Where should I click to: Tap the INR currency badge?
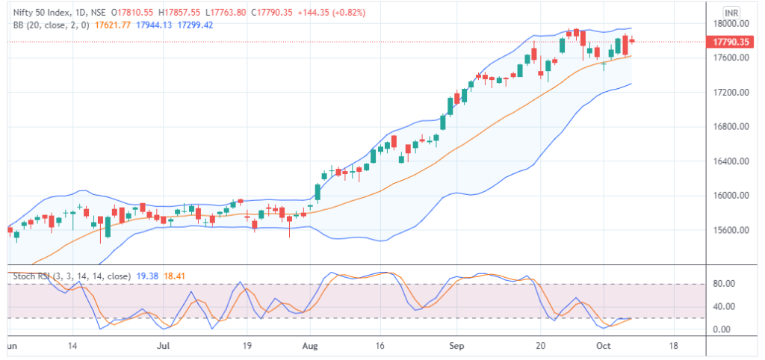pos(732,13)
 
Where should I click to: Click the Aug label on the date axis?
pos(312,347)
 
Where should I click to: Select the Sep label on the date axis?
pos(456,347)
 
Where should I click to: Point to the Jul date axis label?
pos(166,347)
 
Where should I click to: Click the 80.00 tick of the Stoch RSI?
pos(723,284)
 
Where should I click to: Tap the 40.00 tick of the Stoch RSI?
pos(723,307)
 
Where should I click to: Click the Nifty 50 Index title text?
pos(42,13)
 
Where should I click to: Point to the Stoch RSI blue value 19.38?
pos(142,276)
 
